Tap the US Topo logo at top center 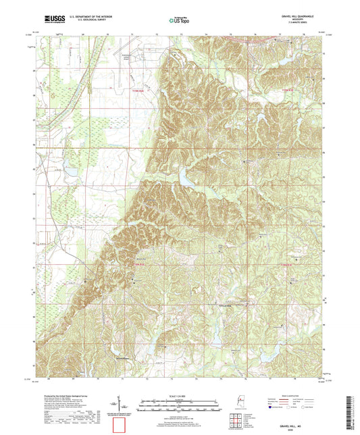coord(178,21)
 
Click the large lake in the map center coord(186,179)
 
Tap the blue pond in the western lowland coord(70,172)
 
